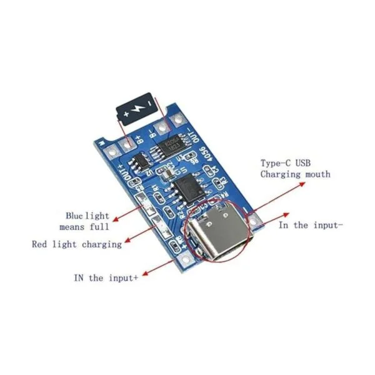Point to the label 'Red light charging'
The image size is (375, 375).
coord(77,244)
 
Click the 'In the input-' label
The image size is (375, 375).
coord(310,225)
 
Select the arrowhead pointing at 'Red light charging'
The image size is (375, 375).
coord(127,241)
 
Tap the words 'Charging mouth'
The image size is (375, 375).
coord(294,174)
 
